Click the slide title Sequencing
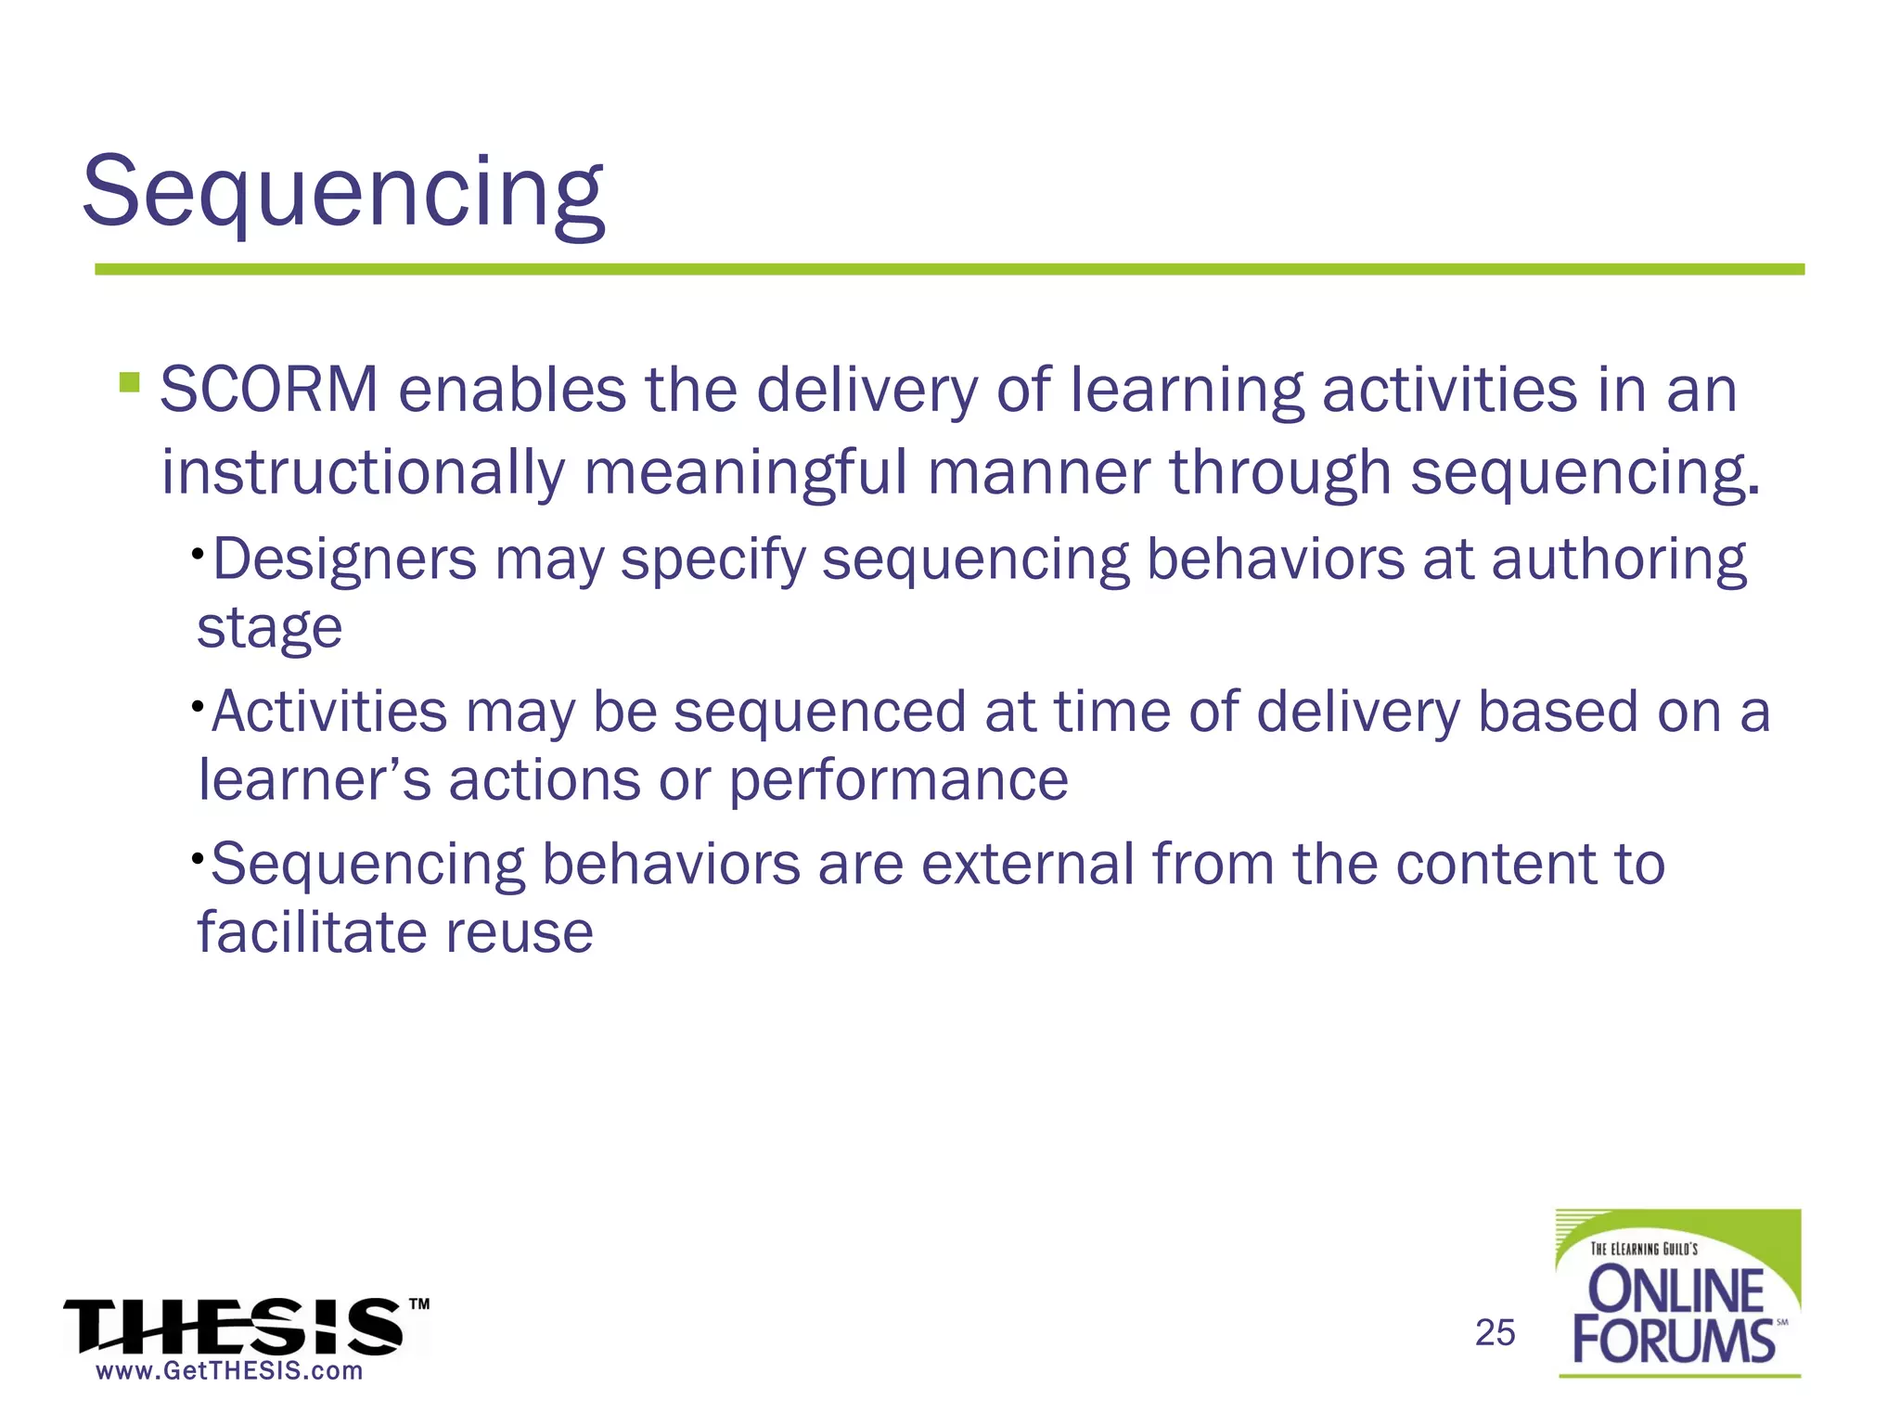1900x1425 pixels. pos(343,193)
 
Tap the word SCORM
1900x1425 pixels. pos(269,390)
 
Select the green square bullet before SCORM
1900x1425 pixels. pos(130,382)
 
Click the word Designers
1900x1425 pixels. pos(344,560)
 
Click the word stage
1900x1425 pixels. pos(269,629)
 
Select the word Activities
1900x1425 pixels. pos(329,712)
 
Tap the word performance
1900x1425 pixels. pos(898,781)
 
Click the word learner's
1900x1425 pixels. pos(315,779)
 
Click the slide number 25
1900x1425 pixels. pos(1495,1333)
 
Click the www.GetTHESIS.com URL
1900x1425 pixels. pos(229,1371)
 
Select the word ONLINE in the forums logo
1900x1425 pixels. pos(1675,1290)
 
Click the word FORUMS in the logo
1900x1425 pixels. pos(1673,1341)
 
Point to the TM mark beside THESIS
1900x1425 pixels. pos(419,1303)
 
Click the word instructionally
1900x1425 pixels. pos(363,473)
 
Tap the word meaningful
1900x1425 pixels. pos(745,473)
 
